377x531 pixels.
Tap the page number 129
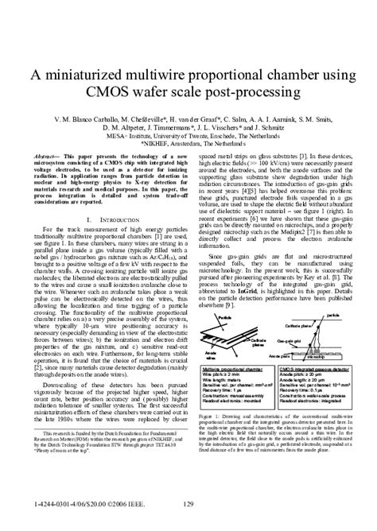coord(188,505)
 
